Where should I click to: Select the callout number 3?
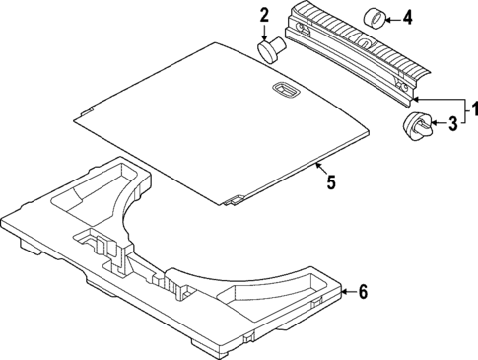(x=453, y=124)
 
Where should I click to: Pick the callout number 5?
(x=331, y=181)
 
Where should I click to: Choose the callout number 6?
(x=362, y=291)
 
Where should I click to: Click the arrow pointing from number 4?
(x=391, y=17)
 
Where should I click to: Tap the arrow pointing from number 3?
(x=438, y=124)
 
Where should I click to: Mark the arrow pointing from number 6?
(x=347, y=291)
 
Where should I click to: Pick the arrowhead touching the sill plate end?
(x=417, y=100)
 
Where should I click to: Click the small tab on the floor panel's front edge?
(x=234, y=200)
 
